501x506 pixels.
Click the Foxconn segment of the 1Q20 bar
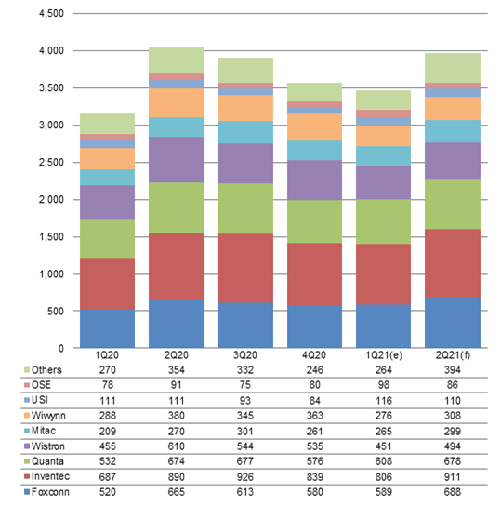pyautogui.click(x=108, y=328)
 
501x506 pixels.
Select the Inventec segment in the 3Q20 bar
pyautogui.click(x=245, y=268)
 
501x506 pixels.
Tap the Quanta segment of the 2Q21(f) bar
pyautogui.click(x=453, y=204)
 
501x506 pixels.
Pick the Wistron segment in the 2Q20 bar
pyautogui.click(x=177, y=160)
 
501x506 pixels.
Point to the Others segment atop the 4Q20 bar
pyautogui.click(x=315, y=92)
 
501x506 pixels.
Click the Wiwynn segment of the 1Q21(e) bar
pyautogui.click(x=383, y=136)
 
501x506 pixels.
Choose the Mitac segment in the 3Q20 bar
pyautogui.click(x=245, y=132)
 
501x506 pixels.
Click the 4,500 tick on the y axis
pyautogui.click(x=51, y=14)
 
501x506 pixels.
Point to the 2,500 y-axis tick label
pyautogui.click(x=51, y=163)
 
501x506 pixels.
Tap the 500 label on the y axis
pyautogui.click(x=56, y=311)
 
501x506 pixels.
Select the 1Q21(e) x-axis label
pyautogui.click(x=384, y=355)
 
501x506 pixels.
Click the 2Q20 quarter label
pyautogui.click(x=177, y=355)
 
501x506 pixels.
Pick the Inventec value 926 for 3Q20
pyautogui.click(x=245, y=477)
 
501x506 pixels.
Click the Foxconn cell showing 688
pyautogui.click(x=453, y=492)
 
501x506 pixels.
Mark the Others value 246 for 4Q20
pyautogui.click(x=315, y=370)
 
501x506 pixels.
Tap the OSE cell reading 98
pyautogui.click(x=384, y=385)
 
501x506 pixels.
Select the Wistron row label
pyautogui.click(x=48, y=446)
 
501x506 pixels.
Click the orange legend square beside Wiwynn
pyautogui.click(x=27, y=416)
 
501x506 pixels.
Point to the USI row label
pyautogui.click(x=40, y=400)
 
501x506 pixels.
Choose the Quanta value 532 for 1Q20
pyautogui.click(x=108, y=461)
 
